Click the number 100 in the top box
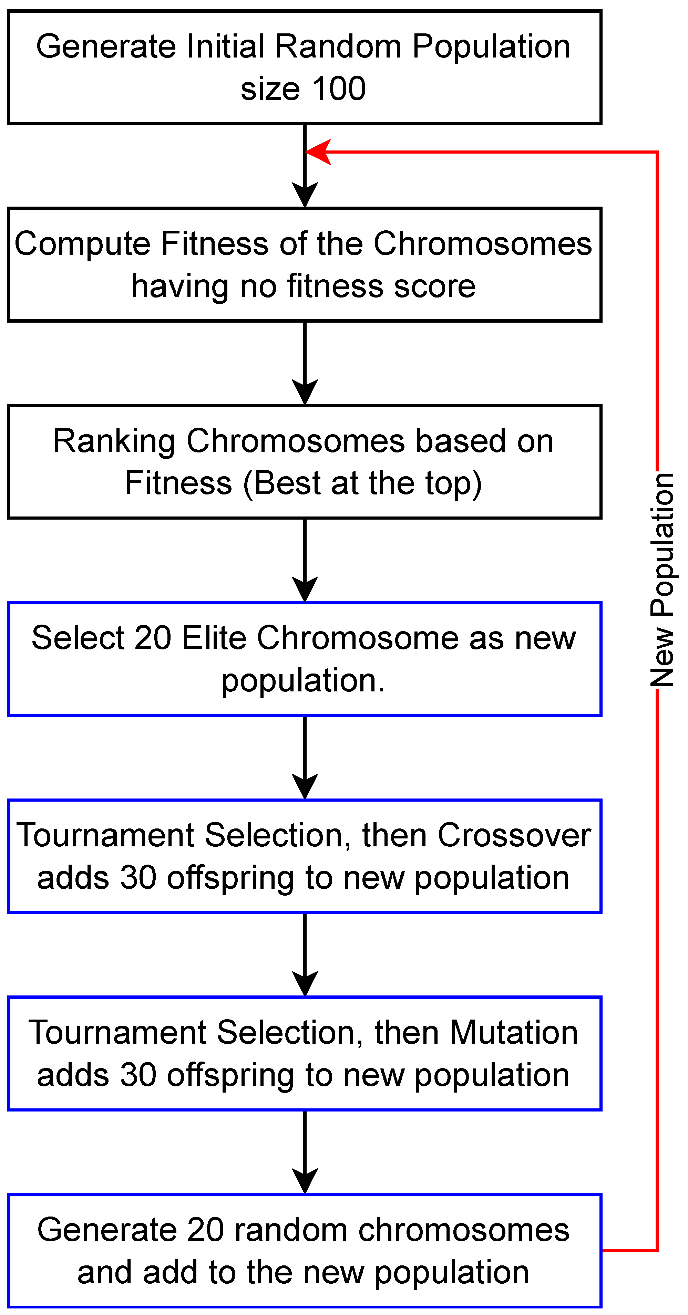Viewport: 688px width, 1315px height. pyautogui.click(x=339, y=89)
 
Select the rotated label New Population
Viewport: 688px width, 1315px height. pyautogui.click(x=663, y=580)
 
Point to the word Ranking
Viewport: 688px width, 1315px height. pyautogui.click(x=114, y=441)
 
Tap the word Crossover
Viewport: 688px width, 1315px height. pyautogui.click(x=514, y=836)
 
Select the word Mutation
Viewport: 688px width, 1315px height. pyautogui.click(x=513, y=1033)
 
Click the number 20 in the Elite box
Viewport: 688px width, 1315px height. pyautogui.click(x=152, y=638)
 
